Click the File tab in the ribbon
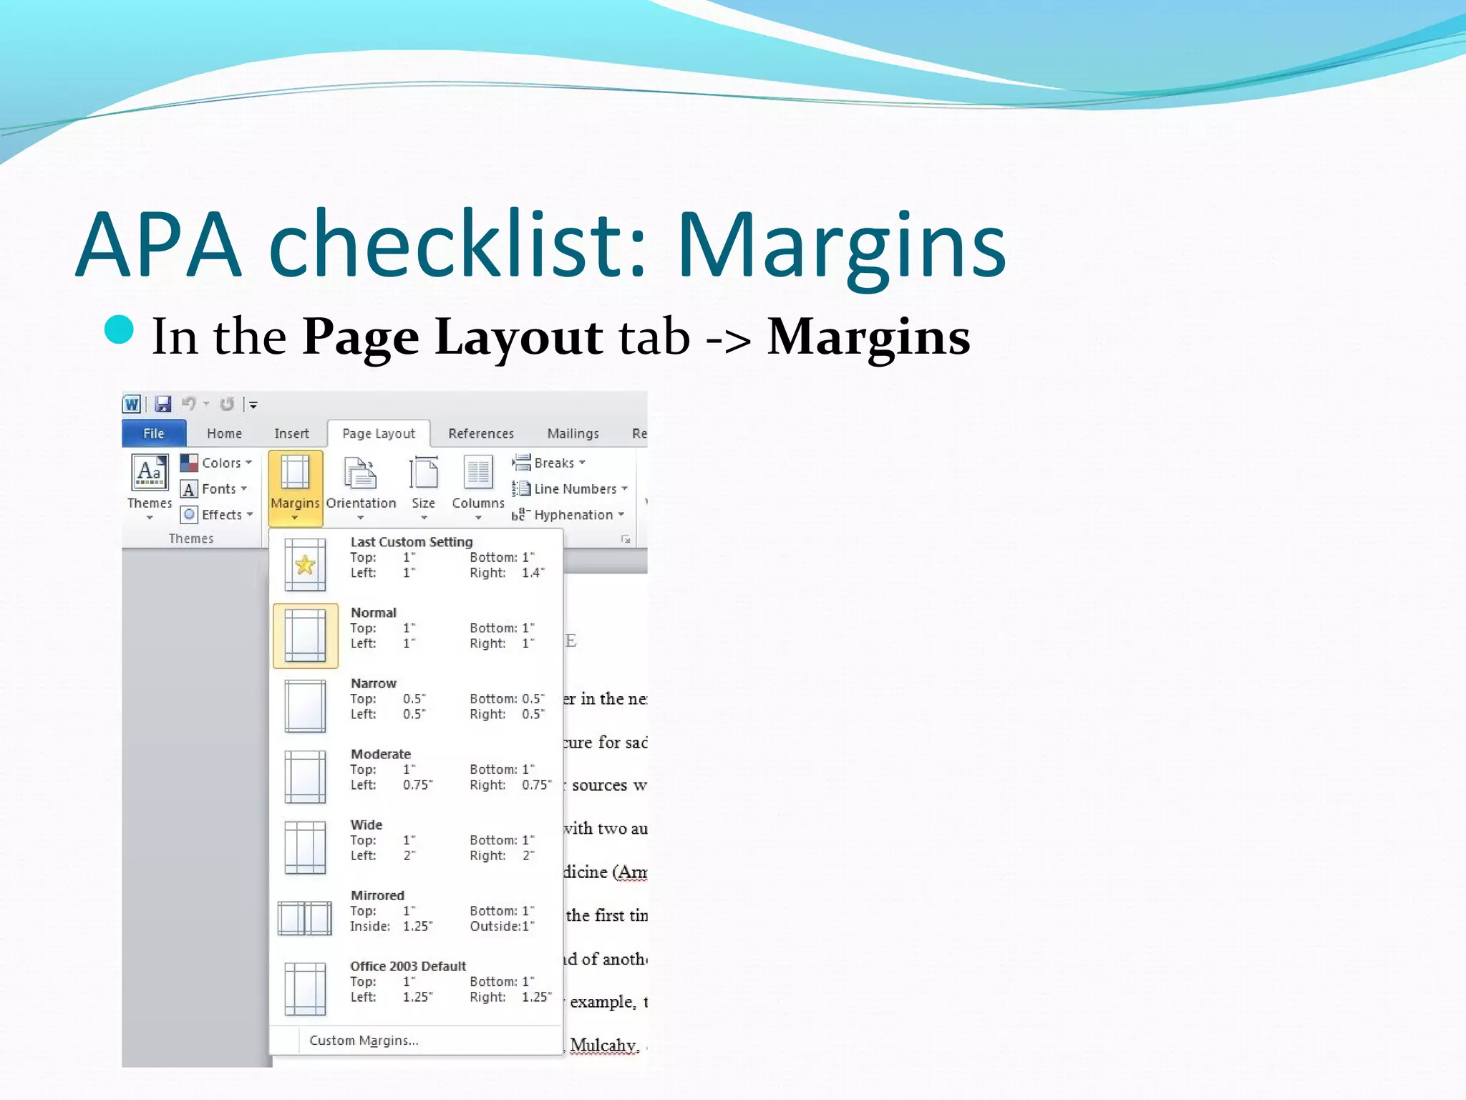[154, 433]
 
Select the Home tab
[224, 433]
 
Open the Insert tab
[291, 433]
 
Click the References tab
[480, 433]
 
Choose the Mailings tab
[573, 433]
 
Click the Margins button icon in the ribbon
[295, 473]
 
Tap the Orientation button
[361, 483]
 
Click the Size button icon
[423, 473]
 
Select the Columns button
[477, 483]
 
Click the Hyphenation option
[573, 515]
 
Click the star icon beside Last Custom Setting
[305, 564]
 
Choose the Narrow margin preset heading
[373, 683]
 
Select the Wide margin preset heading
[366, 824]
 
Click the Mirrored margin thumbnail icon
[305, 917]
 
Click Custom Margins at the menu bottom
[363, 1040]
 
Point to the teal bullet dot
[119, 330]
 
